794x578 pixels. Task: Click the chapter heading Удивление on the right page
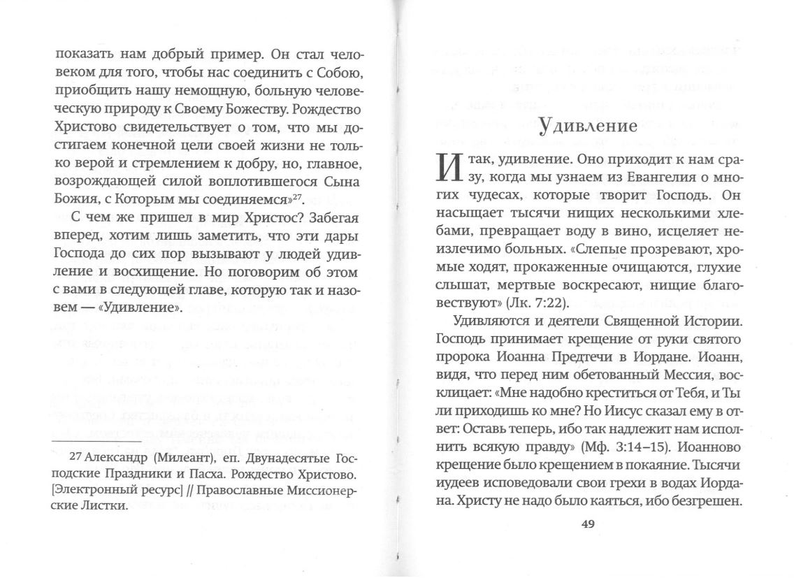click(587, 126)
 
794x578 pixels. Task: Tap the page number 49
click(587, 526)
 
